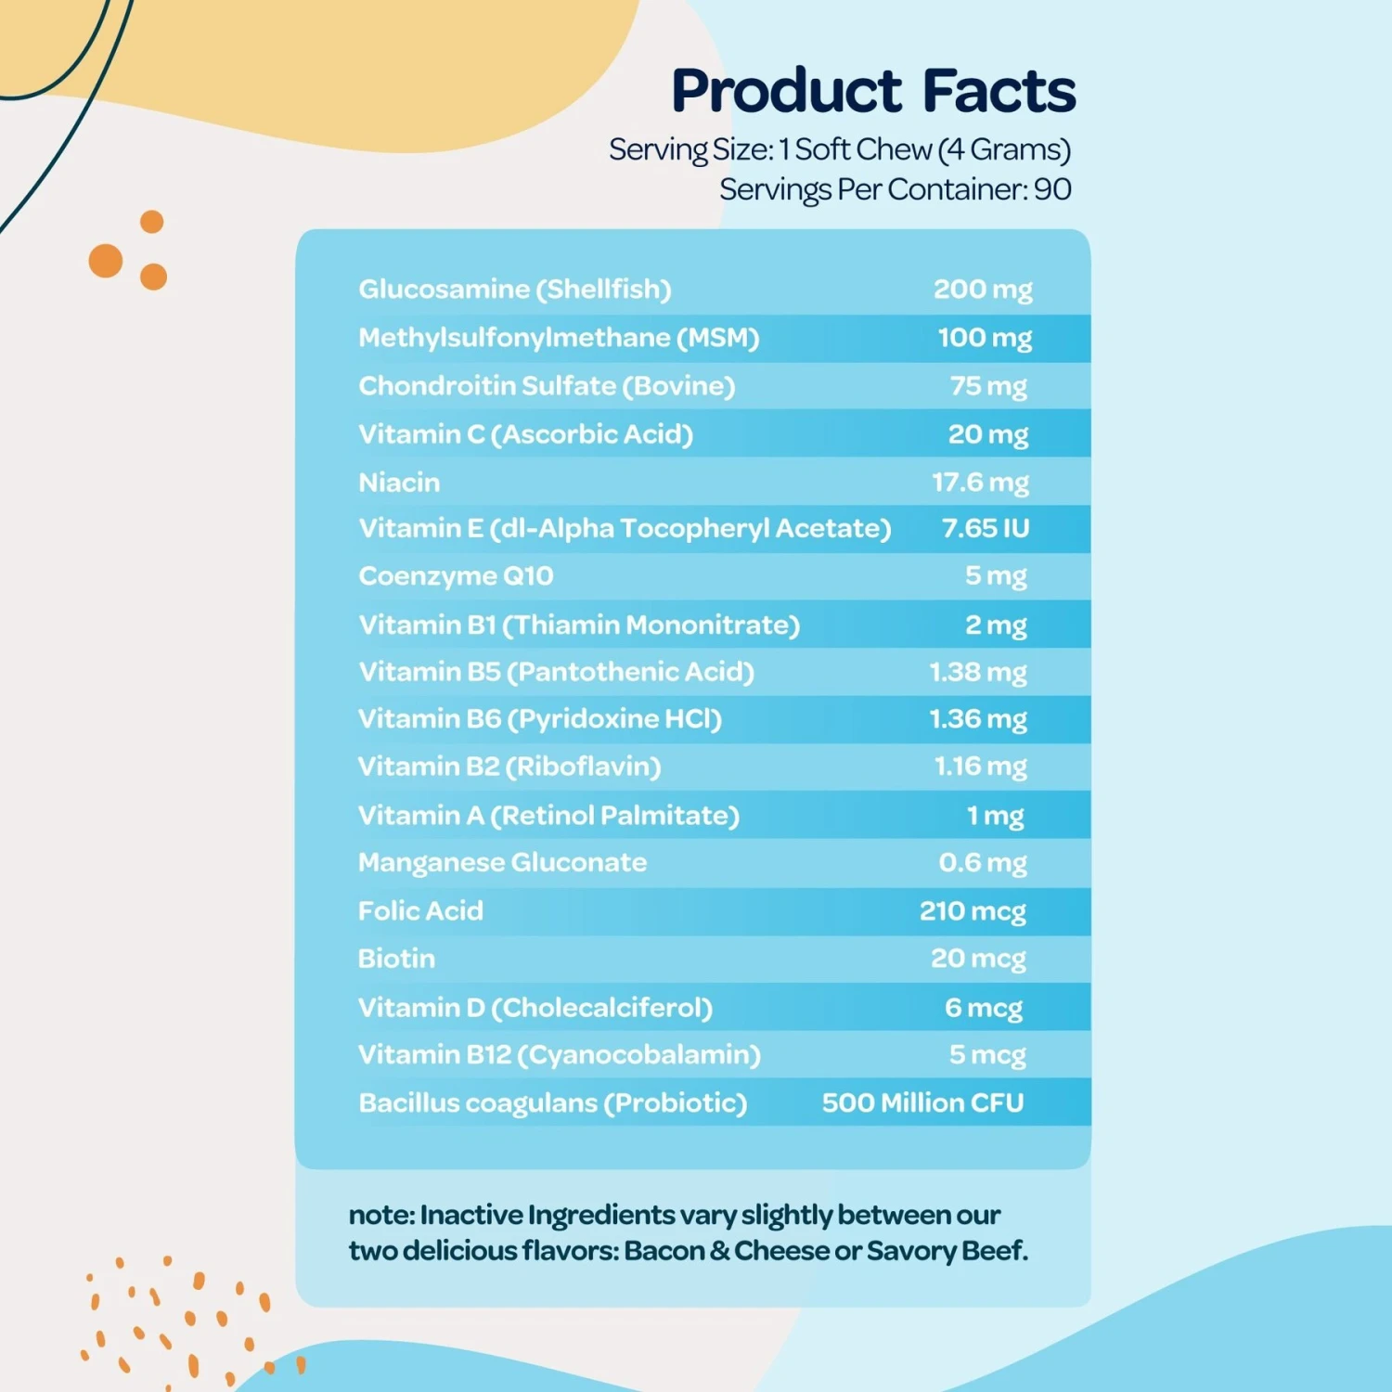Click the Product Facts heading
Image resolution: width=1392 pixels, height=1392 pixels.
pyautogui.click(x=873, y=91)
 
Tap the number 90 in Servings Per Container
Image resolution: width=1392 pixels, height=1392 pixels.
pyautogui.click(x=1052, y=189)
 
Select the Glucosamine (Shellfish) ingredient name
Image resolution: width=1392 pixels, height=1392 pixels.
pyautogui.click(x=514, y=290)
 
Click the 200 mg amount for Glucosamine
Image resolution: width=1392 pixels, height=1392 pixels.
pyautogui.click(x=983, y=290)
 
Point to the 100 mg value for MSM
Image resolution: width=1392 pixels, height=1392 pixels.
pyautogui.click(x=985, y=338)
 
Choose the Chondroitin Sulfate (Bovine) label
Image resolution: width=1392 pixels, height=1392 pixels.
pyautogui.click(x=547, y=386)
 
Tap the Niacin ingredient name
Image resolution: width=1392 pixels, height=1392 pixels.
pyautogui.click(x=399, y=483)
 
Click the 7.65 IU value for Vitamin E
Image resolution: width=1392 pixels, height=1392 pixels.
pyautogui.click(x=986, y=528)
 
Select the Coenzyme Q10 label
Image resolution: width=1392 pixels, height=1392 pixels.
pyautogui.click(x=456, y=576)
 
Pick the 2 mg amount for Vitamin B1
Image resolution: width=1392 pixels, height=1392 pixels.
pyautogui.click(x=996, y=625)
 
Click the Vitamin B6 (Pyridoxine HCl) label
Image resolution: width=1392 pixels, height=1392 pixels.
pyautogui.click(x=539, y=719)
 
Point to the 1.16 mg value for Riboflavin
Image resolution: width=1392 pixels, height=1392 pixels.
pyautogui.click(x=980, y=767)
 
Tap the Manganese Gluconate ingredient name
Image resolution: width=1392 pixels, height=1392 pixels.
pyautogui.click(x=502, y=863)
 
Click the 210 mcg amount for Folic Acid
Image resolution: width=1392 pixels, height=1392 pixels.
pyautogui.click(x=973, y=911)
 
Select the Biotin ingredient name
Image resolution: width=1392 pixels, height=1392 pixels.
pyautogui.click(x=396, y=959)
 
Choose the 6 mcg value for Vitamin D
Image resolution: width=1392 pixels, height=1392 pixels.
pyautogui.click(x=984, y=1008)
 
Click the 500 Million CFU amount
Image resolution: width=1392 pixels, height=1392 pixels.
pyautogui.click(x=922, y=1102)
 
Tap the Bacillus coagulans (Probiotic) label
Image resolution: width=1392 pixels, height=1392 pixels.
pyautogui.click(x=552, y=1103)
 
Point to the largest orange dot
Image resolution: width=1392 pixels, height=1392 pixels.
pyautogui.click(x=106, y=261)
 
